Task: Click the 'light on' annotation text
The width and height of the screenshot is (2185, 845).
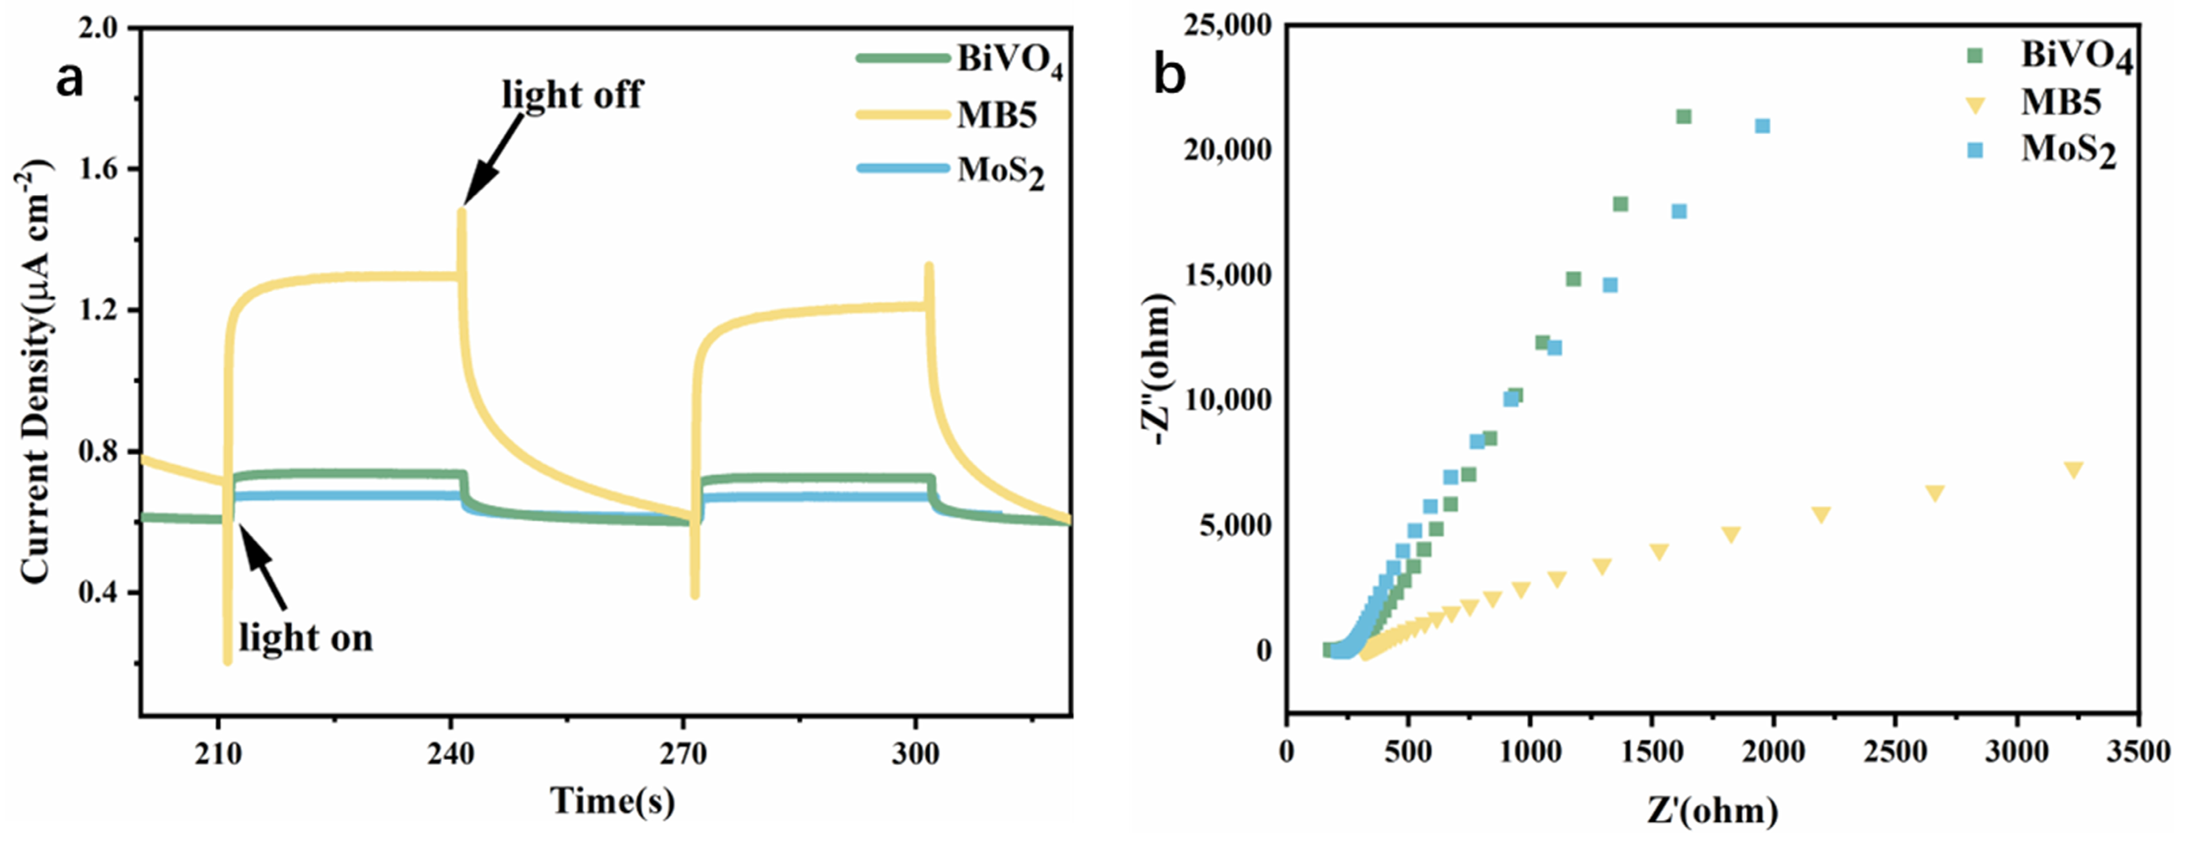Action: coord(306,637)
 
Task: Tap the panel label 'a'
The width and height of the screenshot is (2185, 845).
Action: coord(70,80)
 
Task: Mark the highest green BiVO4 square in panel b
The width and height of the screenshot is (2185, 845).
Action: coord(1684,116)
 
